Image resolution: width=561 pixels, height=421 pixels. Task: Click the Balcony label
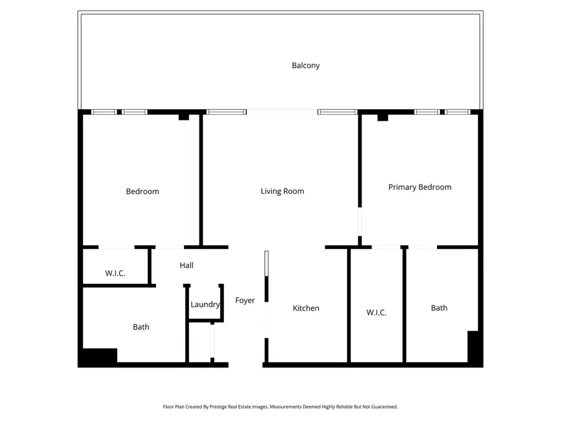click(305, 65)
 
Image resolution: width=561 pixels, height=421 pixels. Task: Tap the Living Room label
click(282, 191)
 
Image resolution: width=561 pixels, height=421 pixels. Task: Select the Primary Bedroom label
click(420, 187)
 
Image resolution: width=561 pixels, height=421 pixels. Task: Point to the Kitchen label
click(306, 308)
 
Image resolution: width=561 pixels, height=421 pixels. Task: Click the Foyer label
click(245, 301)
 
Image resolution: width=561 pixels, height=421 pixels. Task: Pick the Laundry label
click(205, 304)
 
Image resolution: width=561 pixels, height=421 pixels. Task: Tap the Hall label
click(186, 266)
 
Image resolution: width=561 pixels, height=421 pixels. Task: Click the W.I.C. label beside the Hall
click(115, 273)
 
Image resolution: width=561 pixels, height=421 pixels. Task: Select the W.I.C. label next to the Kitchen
click(376, 312)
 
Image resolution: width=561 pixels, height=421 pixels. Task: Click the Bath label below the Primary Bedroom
click(439, 307)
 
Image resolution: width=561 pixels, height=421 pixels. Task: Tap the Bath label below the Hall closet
click(141, 327)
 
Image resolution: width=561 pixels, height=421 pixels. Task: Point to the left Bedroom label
click(143, 191)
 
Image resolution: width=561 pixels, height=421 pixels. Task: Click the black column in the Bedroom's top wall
click(183, 117)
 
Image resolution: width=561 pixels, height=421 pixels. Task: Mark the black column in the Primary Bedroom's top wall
click(383, 117)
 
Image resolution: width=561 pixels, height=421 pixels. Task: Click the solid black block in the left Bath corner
click(98, 356)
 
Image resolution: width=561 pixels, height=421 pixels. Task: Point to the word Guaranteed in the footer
click(383, 407)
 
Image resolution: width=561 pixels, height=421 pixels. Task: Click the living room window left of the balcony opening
click(226, 112)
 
